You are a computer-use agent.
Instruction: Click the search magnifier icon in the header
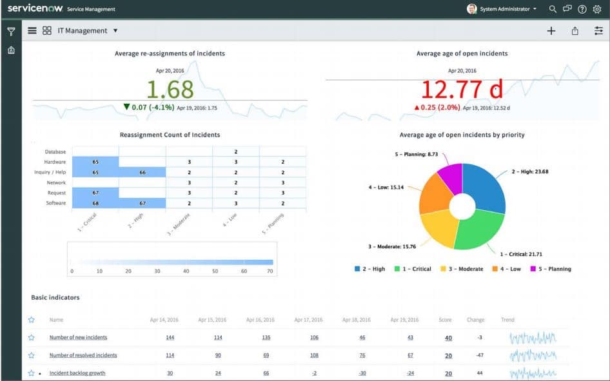[x=553, y=9]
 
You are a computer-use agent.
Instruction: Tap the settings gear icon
[x=596, y=9]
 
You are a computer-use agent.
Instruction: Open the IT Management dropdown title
[x=88, y=30]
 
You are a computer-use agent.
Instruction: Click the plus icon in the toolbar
[x=551, y=31]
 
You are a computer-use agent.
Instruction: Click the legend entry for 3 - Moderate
[x=461, y=269]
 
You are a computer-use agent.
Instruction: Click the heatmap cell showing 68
[x=95, y=203]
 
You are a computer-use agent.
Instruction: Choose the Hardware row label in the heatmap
[x=55, y=162]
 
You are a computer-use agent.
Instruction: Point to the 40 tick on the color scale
[x=186, y=271]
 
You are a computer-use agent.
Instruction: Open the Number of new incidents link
[x=78, y=337]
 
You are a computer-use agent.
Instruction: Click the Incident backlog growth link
[x=77, y=373]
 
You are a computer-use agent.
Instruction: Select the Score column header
[x=445, y=320]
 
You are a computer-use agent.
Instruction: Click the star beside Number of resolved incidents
[x=31, y=355]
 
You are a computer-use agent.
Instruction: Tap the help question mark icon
[x=582, y=9]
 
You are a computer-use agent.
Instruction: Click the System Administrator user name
[x=506, y=9]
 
